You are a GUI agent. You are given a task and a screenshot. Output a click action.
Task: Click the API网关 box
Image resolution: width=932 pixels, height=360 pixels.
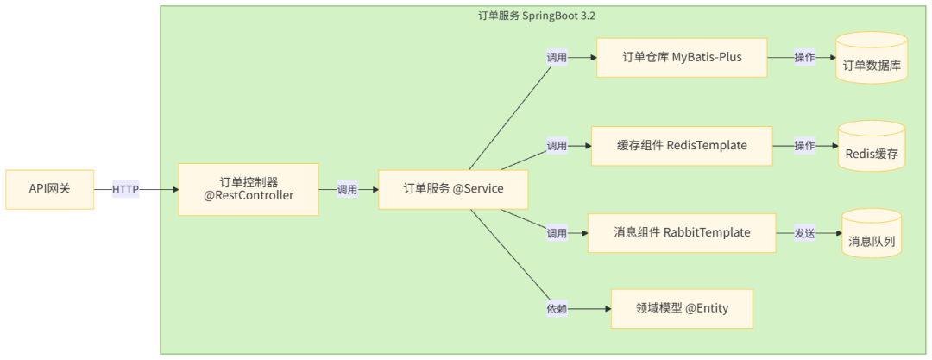click(x=49, y=190)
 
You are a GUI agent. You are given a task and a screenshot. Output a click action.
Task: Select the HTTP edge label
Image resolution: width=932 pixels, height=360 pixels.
click(x=126, y=190)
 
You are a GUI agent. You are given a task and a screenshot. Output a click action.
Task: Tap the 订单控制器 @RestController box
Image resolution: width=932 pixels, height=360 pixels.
click(x=249, y=189)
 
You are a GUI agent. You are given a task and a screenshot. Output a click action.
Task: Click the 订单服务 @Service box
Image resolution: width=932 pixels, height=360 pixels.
click(x=453, y=189)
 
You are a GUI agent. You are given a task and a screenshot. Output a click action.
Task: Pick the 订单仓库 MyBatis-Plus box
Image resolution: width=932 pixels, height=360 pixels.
click(x=682, y=58)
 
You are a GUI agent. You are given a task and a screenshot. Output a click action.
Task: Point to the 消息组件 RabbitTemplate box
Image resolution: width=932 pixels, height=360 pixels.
click(x=682, y=232)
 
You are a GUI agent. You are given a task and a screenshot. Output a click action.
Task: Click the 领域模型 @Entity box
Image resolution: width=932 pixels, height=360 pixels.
click(x=682, y=308)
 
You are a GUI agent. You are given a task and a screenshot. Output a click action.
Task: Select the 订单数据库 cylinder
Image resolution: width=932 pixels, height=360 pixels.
click(x=871, y=59)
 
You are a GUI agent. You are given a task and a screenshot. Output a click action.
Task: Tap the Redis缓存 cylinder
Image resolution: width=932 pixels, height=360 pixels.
click(x=872, y=147)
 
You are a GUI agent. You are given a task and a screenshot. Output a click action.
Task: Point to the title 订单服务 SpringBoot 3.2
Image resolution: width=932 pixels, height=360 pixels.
click(x=549, y=15)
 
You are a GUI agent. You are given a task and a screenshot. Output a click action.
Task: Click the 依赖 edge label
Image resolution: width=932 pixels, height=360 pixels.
click(x=557, y=308)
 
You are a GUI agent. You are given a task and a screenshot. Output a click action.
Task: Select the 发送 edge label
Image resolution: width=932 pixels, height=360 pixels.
click(x=806, y=233)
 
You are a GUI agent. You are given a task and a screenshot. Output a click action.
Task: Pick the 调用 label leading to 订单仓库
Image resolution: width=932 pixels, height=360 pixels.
click(x=557, y=58)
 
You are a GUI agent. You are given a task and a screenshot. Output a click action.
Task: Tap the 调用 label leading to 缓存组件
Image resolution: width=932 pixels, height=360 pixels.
click(x=557, y=146)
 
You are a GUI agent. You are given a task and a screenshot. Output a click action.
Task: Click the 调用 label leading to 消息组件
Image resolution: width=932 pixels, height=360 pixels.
click(x=557, y=233)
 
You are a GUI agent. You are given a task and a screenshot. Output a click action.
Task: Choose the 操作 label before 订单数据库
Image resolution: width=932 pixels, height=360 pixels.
click(x=804, y=58)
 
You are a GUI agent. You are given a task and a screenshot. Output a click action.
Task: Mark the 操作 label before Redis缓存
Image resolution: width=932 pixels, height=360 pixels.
click(x=804, y=146)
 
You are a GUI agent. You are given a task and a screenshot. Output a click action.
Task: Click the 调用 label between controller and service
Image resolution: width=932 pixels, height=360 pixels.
click(x=347, y=190)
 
